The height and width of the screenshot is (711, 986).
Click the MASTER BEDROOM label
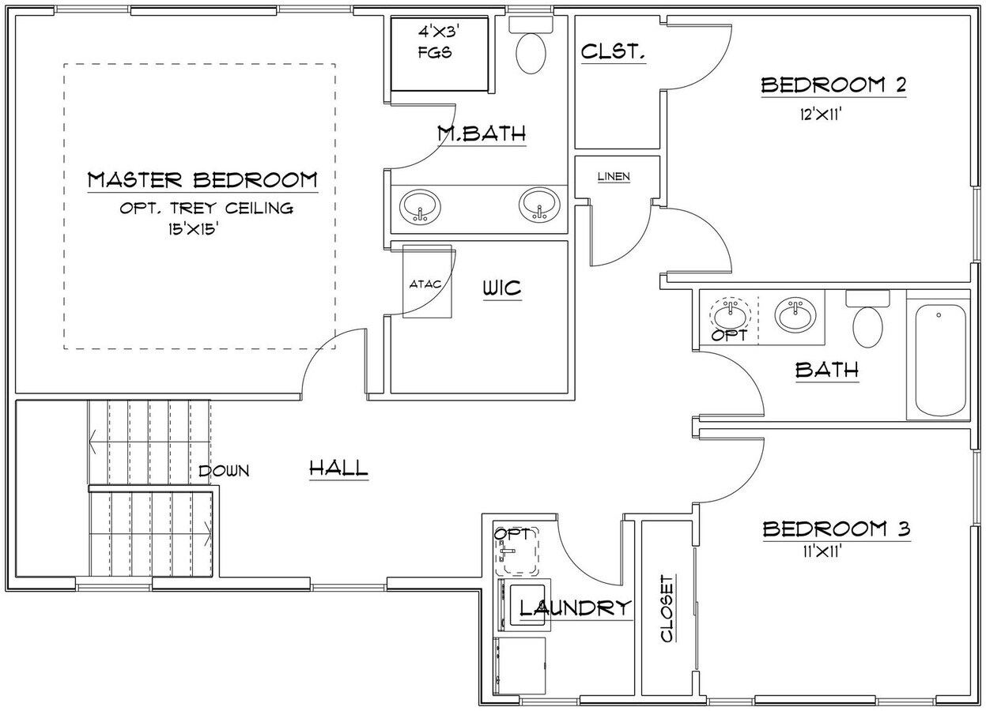coord(202,180)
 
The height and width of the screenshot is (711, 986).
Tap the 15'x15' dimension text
coord(191,230)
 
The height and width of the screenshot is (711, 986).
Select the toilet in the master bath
coord(531,48)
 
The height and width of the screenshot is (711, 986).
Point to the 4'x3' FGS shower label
coord(441,44)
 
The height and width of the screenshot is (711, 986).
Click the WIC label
coord(502,288)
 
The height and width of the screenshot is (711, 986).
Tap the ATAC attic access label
coord(424,284)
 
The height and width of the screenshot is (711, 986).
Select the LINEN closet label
coord(614,176)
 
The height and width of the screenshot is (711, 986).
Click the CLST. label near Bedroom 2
coord(614,52)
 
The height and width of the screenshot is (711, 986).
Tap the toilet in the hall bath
coord(867,321)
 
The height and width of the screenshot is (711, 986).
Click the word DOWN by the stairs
coord(224,471)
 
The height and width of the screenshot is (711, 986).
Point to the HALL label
coord(338,468)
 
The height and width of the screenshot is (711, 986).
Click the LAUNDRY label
coord(576,608)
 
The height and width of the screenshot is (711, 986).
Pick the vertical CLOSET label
coord(667,608)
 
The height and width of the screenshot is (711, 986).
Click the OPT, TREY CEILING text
coord(206,209)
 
